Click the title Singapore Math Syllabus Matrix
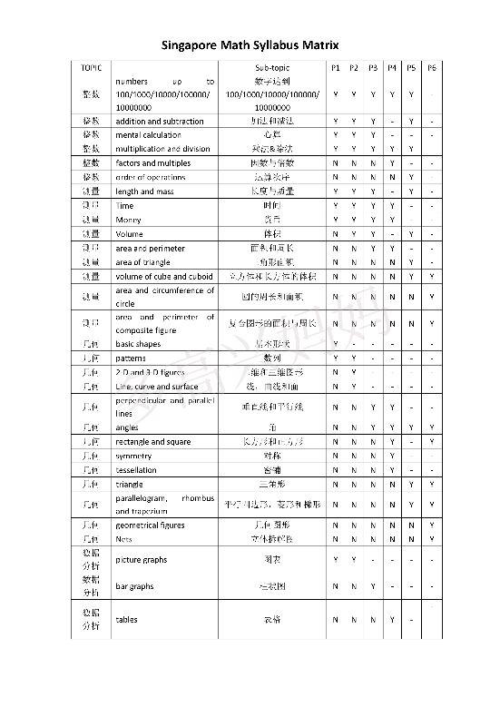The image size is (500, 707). point(250,44)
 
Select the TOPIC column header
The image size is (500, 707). point(91,68)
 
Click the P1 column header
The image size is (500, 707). point(335,68)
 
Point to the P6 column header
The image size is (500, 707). point(431,68)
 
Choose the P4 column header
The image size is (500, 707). point(392,68)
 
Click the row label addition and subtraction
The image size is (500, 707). point(159,122)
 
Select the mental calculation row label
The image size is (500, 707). point(149,135)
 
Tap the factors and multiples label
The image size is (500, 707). point(153,162)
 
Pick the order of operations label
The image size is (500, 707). point(151,177)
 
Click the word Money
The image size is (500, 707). point(128,220)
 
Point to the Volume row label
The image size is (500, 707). point(130,234)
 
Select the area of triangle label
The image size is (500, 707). point(142,261)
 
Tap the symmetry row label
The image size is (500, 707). point(135,456)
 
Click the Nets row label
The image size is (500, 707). point(124,539)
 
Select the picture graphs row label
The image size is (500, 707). point(142,560)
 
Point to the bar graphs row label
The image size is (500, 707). point(134,587)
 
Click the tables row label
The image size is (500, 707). point(126,620)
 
